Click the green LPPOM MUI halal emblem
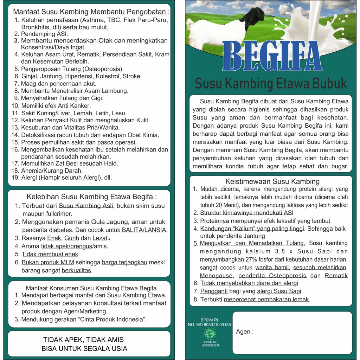(x=210, y=333)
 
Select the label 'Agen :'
(x=245, y=332)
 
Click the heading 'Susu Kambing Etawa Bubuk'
(x=271, y=84)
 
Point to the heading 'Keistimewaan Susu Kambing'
(x=272, y=181)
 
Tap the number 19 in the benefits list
(x=15, y=178)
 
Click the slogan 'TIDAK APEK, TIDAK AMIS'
(x=83, y=340)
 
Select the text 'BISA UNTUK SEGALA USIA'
(x=84, y=349)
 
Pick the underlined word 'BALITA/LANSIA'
(x=144, y=230)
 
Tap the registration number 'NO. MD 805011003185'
(x=209, y=325)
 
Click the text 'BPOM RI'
(x=209, y=320)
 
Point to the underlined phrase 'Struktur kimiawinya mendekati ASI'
(x=247, y=213)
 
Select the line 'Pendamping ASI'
(x=44, y=34)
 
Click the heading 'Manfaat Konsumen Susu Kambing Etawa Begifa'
(x=91, y=288)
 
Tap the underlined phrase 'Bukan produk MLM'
(x=47, y=262)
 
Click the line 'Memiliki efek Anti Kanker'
(x=56, y=106)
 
